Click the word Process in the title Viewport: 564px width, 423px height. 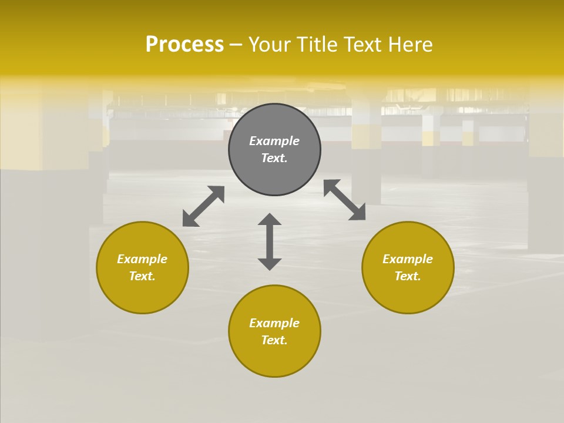pyautogui.click(x=184, y=45)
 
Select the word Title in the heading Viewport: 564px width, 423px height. pyautogui.click(x=317, y=45)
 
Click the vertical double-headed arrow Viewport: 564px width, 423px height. pyautogui.click(x=270, y=241)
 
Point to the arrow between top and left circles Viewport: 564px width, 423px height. pyautogui.click(x=203, y=206)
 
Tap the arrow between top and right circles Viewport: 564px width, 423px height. pyautogui.click(x=345, y=200)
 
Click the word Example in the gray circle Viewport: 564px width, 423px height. pyautogui.click(x=274, y=141)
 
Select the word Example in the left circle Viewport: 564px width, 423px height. pyautogui.click(x=142, y=259)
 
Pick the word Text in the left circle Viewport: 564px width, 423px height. pyautogui.click(x=142, y=276)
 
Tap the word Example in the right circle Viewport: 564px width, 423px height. pyautogui.click(x=408, y=259)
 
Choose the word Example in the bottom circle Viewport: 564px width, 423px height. pyautogui.click(x=274, y=323)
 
